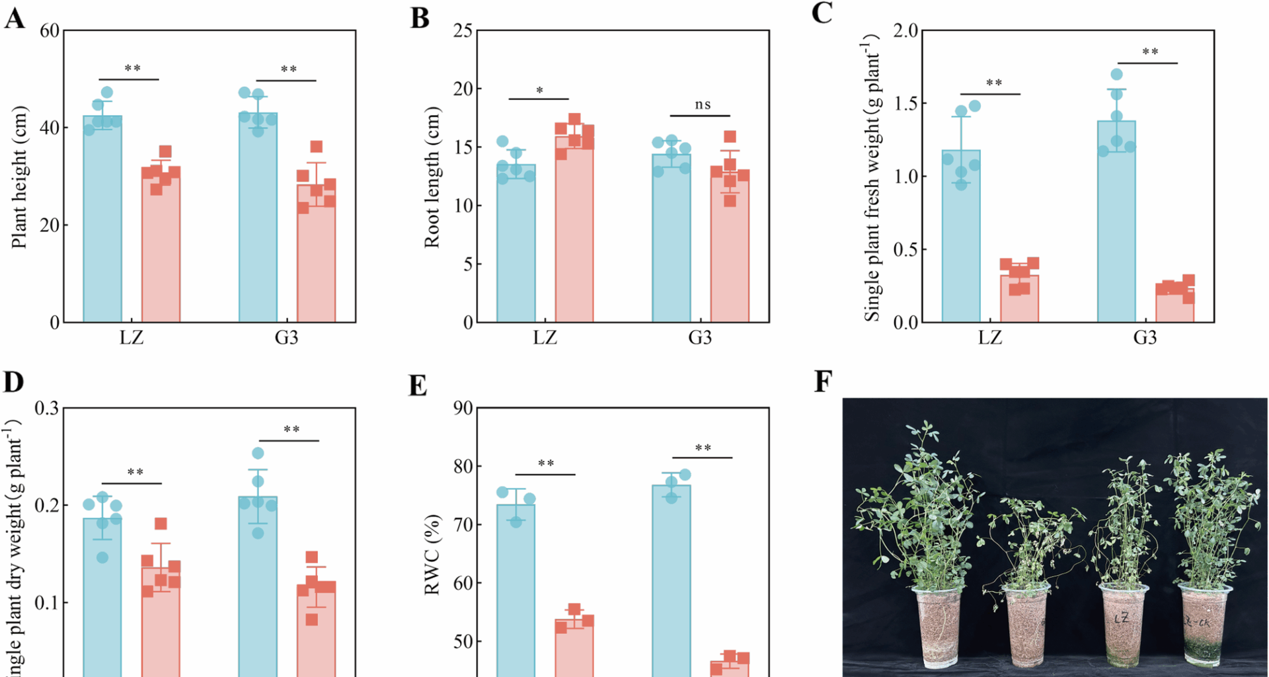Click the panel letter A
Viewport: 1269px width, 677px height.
(15, 19)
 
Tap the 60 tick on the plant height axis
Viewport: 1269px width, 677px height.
(49, 30)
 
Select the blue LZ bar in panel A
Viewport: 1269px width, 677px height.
(102, 218)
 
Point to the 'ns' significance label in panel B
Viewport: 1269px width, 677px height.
(703, 104)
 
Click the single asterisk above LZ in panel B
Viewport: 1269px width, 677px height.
(539, 91)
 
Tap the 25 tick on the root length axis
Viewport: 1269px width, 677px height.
(463, 30)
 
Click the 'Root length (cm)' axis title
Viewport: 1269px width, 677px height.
(432, 177)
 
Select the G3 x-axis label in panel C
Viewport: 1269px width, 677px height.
(1145, 337)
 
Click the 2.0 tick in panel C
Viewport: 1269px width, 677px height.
(905, 30)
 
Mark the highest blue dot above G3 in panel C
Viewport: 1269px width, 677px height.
(1116, 74)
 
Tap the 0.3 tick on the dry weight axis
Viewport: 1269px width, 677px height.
(46, 408)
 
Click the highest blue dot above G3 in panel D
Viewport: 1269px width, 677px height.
(258, 453)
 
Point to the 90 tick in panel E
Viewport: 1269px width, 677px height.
(463, 408)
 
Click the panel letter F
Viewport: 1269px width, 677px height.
(822, 382)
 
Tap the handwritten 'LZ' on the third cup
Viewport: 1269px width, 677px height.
(1121, 619)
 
